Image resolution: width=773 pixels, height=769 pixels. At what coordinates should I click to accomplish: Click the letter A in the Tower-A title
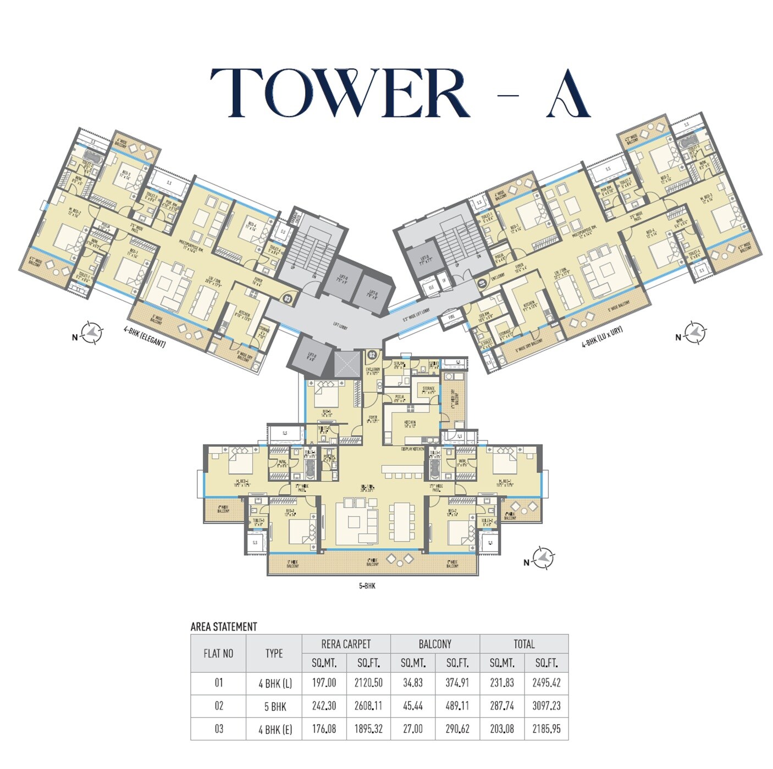coord(568,94)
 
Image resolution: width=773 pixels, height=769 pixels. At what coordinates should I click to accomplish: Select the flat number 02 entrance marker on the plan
coord(372,355)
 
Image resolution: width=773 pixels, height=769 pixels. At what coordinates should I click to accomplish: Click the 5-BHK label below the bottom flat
coord(367,586)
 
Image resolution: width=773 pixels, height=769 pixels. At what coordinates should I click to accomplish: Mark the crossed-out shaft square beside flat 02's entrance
coord(345,365)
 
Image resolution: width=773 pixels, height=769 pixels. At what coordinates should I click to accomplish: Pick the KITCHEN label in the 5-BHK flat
coord(410,423)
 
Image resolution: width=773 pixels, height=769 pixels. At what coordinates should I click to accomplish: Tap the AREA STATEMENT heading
coord(224,627)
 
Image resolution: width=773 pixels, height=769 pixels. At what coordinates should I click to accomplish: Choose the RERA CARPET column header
coord(346,644)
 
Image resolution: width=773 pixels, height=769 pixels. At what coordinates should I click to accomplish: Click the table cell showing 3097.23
coord(546,706)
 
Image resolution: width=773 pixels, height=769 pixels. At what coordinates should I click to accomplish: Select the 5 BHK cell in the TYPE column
coord(274,706)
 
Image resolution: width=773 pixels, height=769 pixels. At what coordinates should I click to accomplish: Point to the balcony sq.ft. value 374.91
coord(457,683)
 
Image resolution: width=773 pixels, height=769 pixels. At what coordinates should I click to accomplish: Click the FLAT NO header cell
coord(218,653)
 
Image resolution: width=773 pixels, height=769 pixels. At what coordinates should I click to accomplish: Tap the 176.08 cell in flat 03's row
coord(324,729)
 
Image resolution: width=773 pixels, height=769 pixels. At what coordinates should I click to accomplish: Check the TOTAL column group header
coord(523,644)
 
